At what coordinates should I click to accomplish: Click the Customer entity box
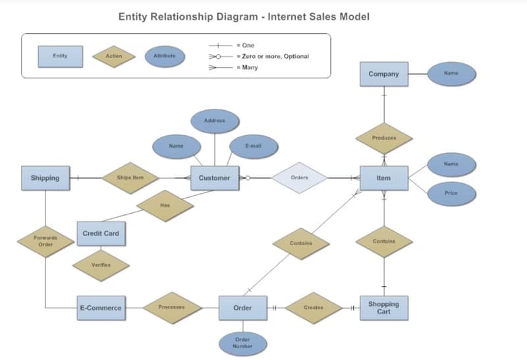(214, 178)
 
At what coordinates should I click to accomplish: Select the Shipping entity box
(45, 178)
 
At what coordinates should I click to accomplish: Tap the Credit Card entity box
(101, 233)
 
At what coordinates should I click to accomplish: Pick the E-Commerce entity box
(100, 308)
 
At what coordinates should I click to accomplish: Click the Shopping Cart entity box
(383, 308)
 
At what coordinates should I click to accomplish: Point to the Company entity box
(383, 74)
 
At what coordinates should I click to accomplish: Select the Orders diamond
(299, 177)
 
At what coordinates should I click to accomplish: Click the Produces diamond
(384, 138)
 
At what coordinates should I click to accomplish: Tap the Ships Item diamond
(130, 178)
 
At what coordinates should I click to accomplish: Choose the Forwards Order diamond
(45, 241)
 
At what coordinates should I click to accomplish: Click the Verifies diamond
(101, 265)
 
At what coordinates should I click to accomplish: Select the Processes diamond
(171, 307)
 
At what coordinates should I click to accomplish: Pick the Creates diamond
(314, 308)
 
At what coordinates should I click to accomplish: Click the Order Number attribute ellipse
(242, 343)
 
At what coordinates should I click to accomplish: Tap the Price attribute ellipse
(451, 193)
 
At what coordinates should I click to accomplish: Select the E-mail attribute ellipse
(253, 146)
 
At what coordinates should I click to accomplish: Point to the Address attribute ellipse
(215, 121)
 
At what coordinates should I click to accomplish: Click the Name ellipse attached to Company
(451, 74)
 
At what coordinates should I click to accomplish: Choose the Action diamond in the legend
(114, 56)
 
